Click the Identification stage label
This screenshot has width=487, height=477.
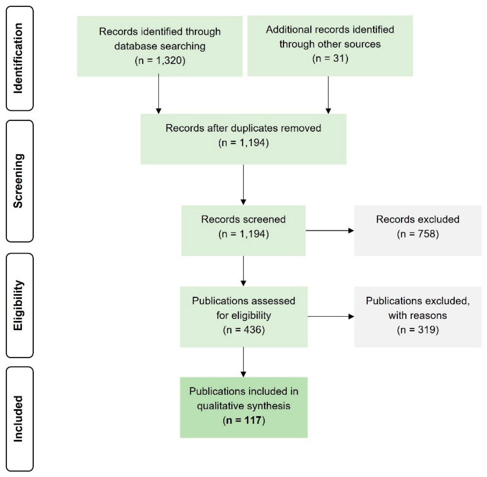(x=18, y=58)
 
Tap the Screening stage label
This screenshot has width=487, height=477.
(x=18, y=181)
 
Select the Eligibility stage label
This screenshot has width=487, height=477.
(x=18, y=305)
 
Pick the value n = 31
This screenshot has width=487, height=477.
(x=330, y=59)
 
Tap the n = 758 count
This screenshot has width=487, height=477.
(x=418, y=234)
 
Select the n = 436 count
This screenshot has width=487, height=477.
(x=244, y=330)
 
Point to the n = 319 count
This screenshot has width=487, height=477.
(x=418, y=330)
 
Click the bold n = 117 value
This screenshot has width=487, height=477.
(x=244, y=421)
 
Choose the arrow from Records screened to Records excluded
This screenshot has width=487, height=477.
(x=330, y=231)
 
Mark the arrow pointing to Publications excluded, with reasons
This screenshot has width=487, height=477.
(x=331, y=316)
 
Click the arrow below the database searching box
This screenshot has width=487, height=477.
(x=159, y=94)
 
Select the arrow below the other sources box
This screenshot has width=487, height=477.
(x=328, y=95)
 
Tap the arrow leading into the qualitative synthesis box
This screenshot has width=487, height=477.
(x=243, y=362)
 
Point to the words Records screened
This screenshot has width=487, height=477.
(x=243, y=219)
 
